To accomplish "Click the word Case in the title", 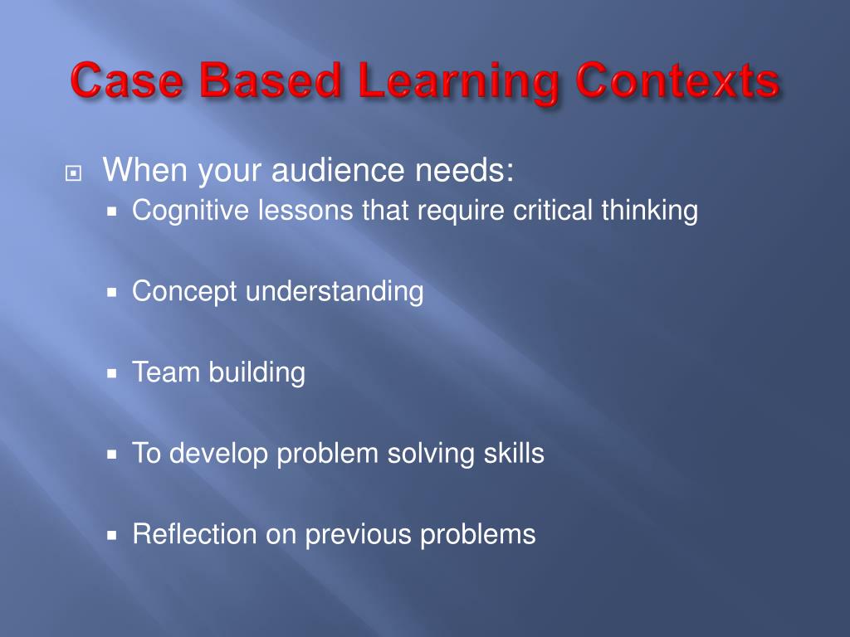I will (128, 83).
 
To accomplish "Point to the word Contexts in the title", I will (677, 83).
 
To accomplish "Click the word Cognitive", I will (190, 212).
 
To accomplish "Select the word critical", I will (554, 211).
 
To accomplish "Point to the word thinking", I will (650, 212).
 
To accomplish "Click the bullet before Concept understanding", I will (115, 293).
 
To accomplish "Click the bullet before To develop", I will (115, 455).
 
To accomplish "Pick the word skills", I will (513, 454).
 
